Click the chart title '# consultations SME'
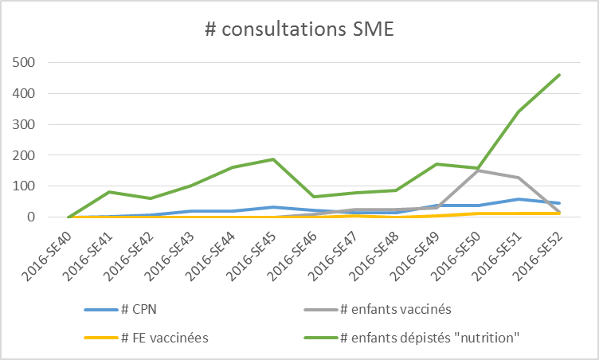pyautogui.click(x=299, y=30)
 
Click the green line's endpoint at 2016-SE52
pyautogui.click(x=560, y=75)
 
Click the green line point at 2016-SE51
pyautogui.click(x=519, y=112)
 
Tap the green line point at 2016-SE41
pyautogui.click(x=109, y=192)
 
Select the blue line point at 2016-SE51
pyautogui.click(x=519, y=199)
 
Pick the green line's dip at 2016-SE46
pyautogui.click(x=314, y=197)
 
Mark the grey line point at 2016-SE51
pyautogui.click(x=519, y=178)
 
